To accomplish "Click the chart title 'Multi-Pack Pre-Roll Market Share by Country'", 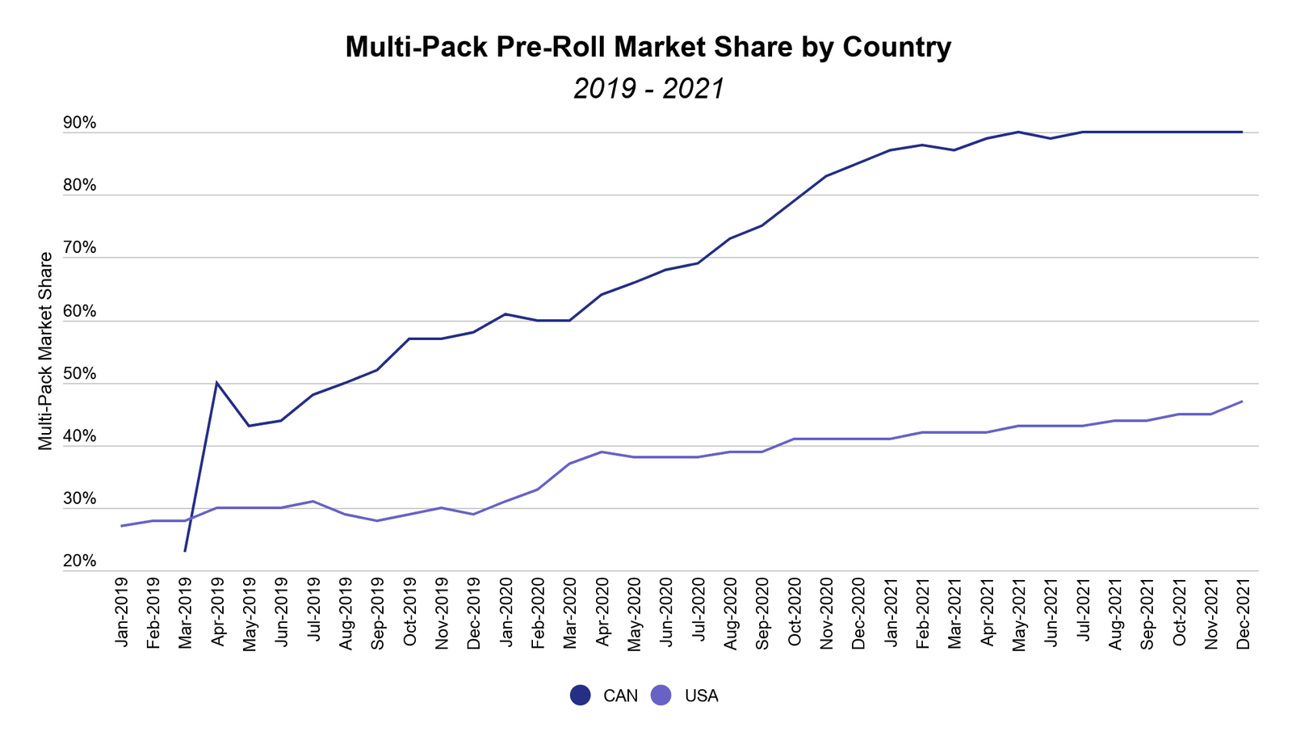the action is tap(648, 47).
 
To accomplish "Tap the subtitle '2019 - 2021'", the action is tap(649, 89).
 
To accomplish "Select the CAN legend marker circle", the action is tap(581, 695).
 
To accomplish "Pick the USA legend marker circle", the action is tap(661, 695).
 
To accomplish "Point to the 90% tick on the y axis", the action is tap(80, 123).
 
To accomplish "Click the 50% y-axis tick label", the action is tap(80, 373).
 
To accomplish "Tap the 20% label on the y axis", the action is tap(80, 561).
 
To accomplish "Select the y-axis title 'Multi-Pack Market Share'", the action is tap(45, 351).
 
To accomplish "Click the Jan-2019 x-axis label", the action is tap(122, 612).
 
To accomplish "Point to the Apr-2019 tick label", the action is tap(218, 612).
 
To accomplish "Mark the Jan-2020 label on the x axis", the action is tap(506, 612).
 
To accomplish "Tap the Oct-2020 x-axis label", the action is tap(795, 612).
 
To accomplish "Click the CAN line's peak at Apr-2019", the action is tap(216, 383).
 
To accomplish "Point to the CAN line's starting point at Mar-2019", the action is tap(185, 551).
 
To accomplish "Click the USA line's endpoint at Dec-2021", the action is tap(1242, 402).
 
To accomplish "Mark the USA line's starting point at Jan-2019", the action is tap(120, 526).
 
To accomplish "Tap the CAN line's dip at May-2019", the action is tap(249, 426).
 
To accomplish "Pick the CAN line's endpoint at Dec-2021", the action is tap(1242, 132).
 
